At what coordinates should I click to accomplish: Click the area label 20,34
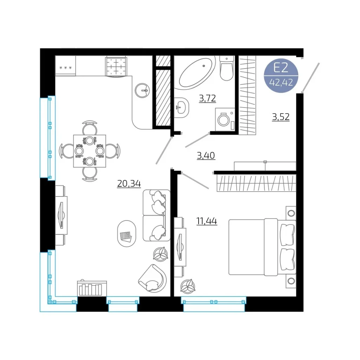[129, 184]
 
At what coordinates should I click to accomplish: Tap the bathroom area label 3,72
[207, 98]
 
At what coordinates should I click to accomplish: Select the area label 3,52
[281, 117]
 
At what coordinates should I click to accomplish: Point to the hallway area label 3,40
[206, 155]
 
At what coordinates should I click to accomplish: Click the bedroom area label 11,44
[207, 221]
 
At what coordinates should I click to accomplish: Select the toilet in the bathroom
[227, 68]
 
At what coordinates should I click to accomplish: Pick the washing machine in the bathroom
[225, 120]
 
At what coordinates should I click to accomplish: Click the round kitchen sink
[142, 90]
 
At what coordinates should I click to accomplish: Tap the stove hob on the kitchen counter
[116, 66]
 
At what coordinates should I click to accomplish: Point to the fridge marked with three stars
[65, 66]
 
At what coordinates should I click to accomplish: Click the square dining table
[90, 151]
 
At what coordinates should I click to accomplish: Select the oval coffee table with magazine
[127, 233]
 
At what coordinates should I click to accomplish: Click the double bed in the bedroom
[262, 247]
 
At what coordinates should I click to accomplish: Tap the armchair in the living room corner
[153, 278]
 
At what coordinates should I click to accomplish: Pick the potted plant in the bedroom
[188, 286]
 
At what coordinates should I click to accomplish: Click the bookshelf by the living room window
[92, 288]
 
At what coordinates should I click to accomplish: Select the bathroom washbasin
[181, 108]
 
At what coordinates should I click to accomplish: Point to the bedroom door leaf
[195, 181]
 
